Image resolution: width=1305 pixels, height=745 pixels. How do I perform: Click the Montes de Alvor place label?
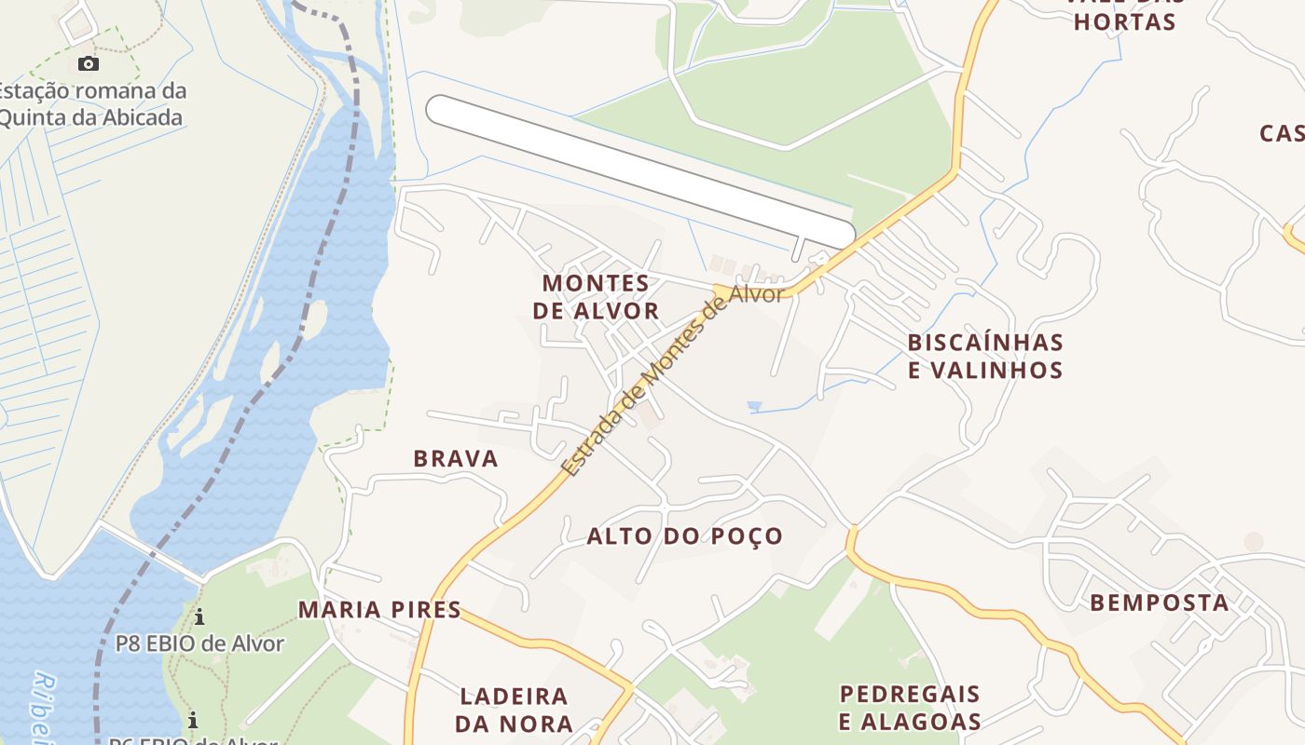[596, 296]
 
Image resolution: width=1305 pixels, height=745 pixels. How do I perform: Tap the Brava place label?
[456, 458]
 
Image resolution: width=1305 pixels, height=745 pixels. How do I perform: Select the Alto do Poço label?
[684, 536]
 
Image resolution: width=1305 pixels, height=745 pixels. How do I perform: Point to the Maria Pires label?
[379, 610]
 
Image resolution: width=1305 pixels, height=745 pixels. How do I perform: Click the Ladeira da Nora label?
[514, 710]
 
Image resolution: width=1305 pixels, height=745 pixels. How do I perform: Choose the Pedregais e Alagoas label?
[910, 708]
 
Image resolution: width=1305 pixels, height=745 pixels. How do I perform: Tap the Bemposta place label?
[1159, 603]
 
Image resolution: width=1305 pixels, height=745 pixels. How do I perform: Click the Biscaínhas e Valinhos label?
[985, 356]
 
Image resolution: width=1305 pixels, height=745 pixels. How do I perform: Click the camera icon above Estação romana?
[89, 64]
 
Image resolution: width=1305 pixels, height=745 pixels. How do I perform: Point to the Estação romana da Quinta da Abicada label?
[91, 104]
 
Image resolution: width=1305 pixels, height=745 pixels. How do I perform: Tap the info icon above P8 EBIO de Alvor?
[199, 616]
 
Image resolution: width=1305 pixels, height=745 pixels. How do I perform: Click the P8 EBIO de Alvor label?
[199, 643]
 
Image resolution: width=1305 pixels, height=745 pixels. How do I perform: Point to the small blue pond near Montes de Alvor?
[754, 407]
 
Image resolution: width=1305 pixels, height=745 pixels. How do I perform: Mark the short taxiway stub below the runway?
[797, 248]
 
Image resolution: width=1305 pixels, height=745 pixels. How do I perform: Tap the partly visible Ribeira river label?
[43, 708]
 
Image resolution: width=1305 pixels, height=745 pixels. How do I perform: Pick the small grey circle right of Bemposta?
[1254, 541]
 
